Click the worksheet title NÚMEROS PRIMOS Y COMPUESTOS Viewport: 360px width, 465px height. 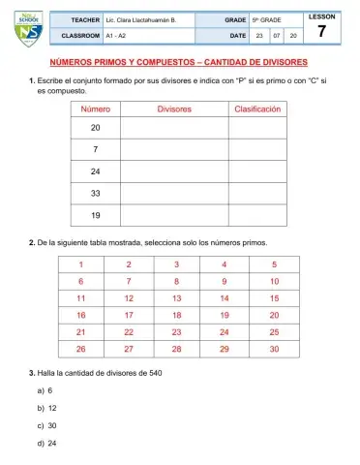click(x=179, y=61)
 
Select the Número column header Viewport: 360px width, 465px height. click(x=95, y=109)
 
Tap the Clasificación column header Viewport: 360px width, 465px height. click(x=257, y=109)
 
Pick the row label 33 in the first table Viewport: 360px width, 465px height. click(x=95, y=194)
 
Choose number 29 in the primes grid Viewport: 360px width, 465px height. click(x=225, y=348)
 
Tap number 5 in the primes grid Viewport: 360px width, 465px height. click(x=275, y=263)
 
